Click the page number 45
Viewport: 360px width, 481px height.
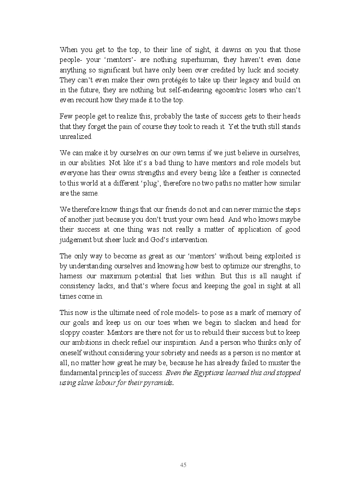183,465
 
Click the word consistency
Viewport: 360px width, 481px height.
79,286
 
